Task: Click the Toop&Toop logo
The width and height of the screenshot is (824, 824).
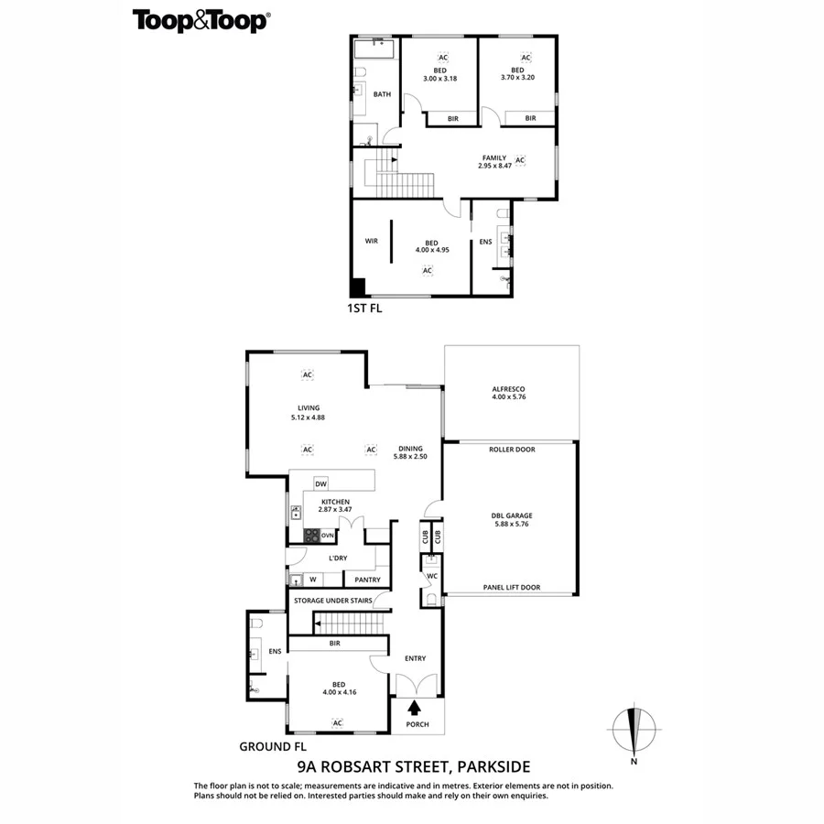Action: [201, 21]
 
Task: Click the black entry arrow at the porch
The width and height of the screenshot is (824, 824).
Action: [414, 707]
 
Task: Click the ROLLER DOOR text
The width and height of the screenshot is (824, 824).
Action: [512, 450]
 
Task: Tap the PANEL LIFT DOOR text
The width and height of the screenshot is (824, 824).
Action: [511, 588]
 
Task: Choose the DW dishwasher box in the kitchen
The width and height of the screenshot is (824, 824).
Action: [320, 483]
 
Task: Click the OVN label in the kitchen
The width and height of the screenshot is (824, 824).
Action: [327, 536]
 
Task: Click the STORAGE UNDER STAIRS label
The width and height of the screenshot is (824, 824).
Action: [332, 601]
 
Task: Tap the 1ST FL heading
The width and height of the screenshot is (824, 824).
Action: [364, 309]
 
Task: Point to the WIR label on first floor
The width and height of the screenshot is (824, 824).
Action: [372, 241]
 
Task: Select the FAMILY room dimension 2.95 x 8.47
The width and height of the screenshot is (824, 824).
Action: [494, 166]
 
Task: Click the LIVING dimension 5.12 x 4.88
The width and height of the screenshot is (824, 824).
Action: [308, 417]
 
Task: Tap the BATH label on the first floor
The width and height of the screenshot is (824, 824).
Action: [382, 94]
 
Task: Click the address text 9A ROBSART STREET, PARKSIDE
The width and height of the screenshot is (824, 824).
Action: [414, 767]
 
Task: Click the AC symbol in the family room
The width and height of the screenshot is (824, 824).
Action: [520, 160]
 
